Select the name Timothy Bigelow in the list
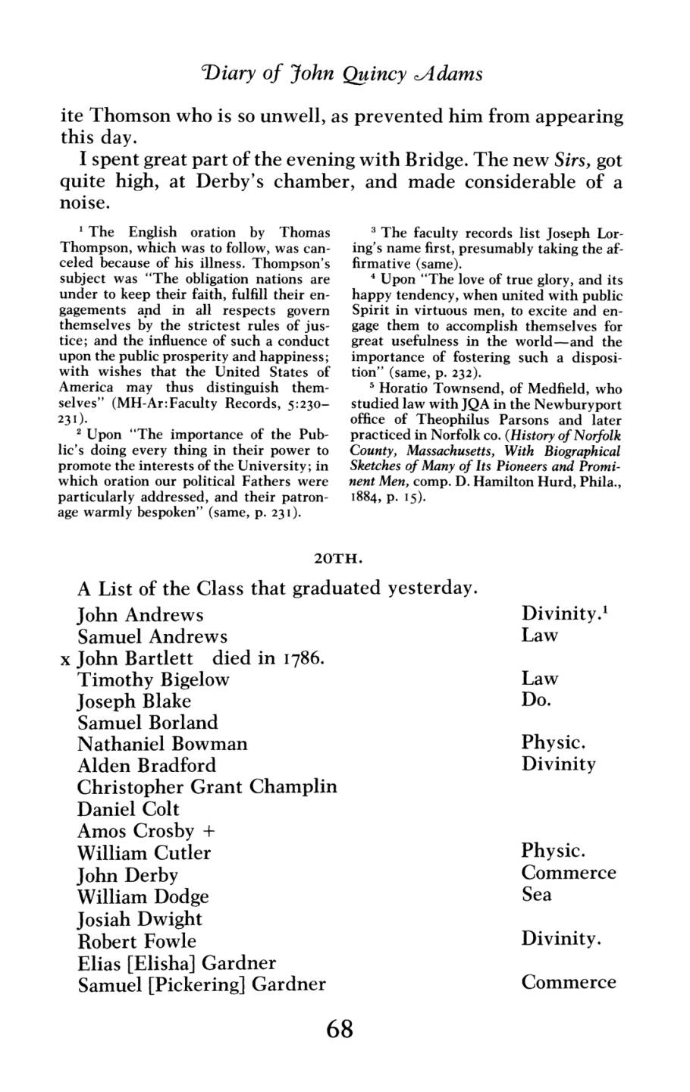pos(153,679)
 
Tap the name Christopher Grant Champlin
pos(207,786)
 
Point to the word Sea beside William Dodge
pos(536,895)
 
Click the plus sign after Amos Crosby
pos(209,830)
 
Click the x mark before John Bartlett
pos(65,658)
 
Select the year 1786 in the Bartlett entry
pos(303,657)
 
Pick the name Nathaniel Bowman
pos(162,743)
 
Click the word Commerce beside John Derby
pos(569,873)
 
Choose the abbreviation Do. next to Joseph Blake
pos(535,700)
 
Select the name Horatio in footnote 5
pos(394,388)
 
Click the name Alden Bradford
pos(146,764)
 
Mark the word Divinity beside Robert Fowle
pos(561,939)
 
